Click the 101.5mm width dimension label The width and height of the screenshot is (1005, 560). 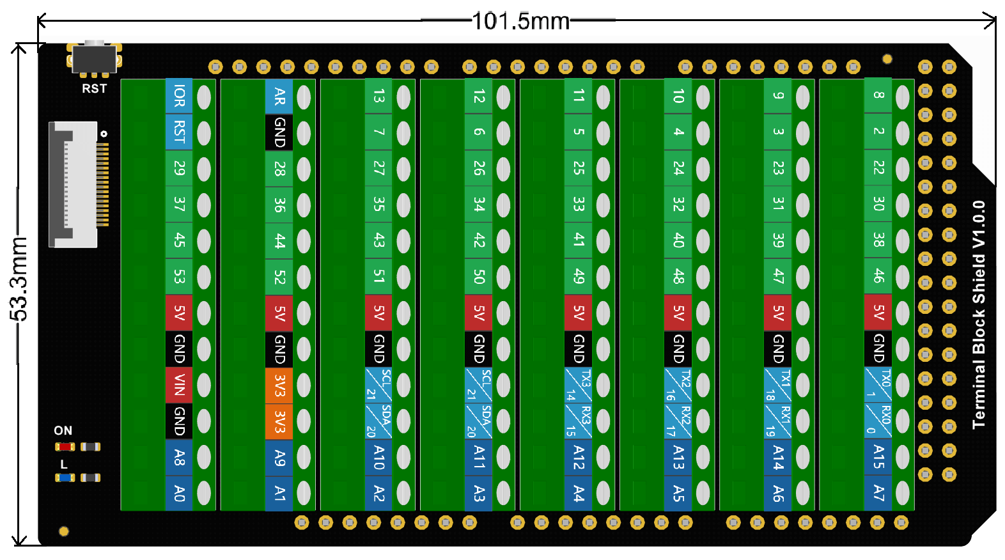coord(520,21)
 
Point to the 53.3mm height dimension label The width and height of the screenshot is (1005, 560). coord(19,277)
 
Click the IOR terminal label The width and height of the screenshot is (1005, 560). coord(179,97)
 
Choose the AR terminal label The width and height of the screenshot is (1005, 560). coord(279,97)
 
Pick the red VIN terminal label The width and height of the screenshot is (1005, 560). coord(179,385)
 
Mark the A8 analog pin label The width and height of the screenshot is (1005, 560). coord(179,457)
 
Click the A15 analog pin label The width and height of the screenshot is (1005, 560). coord(878,457)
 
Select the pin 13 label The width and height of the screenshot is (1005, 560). coord(378,97)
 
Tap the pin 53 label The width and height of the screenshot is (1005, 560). coord(179,277)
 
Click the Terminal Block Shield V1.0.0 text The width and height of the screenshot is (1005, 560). coord(978,315)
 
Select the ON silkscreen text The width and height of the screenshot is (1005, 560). coord(63,430)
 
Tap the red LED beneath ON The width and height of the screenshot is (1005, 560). coord(65,447)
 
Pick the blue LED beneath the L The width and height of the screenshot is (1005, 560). coord(65,478)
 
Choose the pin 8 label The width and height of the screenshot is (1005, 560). coord(878,95)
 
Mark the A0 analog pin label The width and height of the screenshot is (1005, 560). coord(179,493)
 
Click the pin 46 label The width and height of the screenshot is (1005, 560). coord(878,276)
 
